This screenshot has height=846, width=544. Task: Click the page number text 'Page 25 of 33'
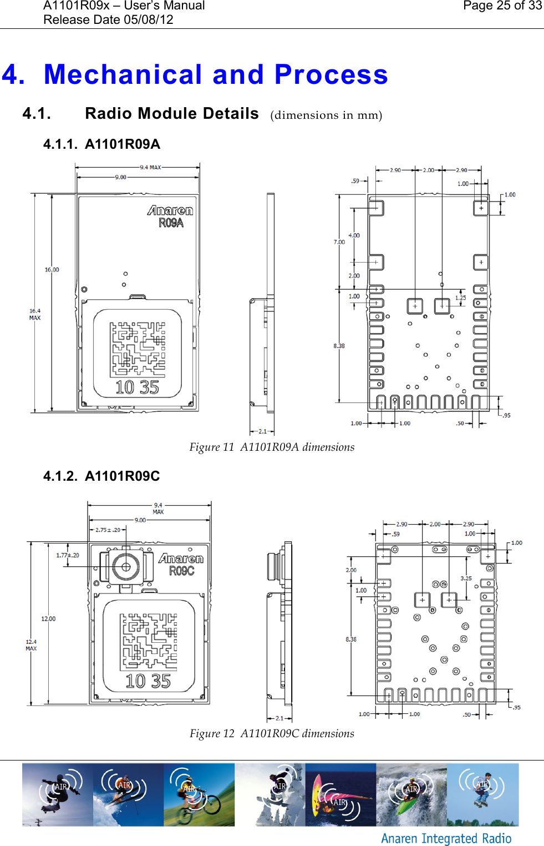point(502,6)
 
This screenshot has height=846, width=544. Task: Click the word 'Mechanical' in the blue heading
point(123,74)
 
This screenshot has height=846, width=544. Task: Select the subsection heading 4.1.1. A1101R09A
point(101,144)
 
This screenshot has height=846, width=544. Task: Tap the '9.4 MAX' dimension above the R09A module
point(150,167)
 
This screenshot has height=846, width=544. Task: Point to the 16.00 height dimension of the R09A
point(52,270)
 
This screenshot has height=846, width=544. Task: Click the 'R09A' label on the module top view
point(171,223)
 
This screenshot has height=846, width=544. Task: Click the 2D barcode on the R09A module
point(138,350)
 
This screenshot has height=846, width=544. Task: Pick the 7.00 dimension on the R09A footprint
point(339,242)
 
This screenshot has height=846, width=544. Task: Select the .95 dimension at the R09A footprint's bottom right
point(506,415)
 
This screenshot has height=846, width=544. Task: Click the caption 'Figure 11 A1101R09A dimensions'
point(272,447)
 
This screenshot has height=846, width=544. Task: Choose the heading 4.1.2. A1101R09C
point(101,476)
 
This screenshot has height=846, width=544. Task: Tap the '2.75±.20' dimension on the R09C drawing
point(108,530)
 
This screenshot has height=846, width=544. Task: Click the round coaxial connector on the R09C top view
point(125,567)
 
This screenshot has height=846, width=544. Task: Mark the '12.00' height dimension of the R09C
point(48,619)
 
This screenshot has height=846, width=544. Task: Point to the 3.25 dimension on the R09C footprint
point(466,578)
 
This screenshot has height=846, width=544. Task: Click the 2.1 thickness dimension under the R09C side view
point(279,718)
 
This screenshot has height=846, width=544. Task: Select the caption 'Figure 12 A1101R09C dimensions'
point(272,734)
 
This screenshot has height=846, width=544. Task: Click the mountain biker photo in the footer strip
point(199,794)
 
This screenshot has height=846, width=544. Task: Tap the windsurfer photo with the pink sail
point(340,794)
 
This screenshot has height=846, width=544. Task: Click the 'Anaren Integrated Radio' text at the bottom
point(446,838)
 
